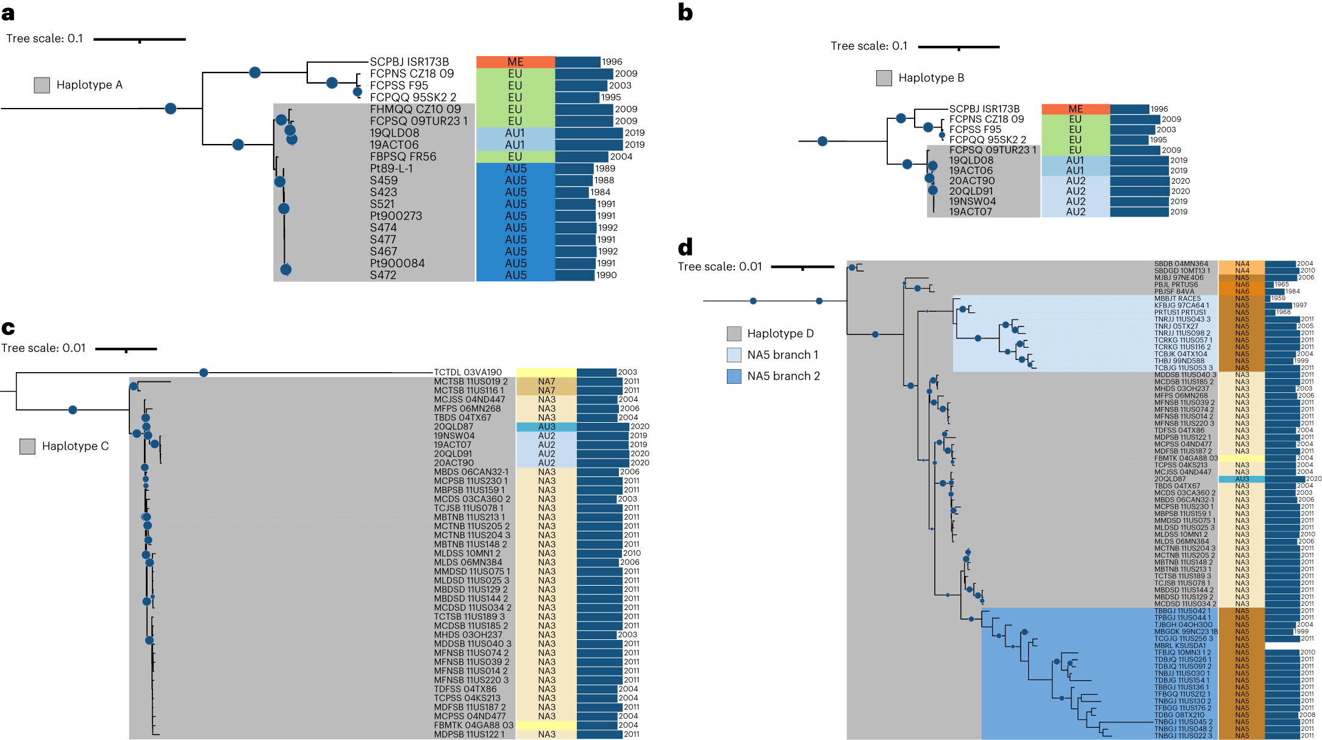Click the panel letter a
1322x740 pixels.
8,13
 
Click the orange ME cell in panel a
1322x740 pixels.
515,62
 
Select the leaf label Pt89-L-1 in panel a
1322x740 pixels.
391,168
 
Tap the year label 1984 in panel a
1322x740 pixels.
600,192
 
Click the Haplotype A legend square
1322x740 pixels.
41,85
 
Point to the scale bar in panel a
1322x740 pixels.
140,40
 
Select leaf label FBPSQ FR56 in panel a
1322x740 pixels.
402,157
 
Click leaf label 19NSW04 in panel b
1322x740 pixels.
972,201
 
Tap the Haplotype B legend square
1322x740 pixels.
884,77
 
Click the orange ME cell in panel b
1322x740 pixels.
1075,109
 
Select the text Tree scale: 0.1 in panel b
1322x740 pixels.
868,46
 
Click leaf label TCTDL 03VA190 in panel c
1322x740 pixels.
467,372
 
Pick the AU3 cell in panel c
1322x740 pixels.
546,426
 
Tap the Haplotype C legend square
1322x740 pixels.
27,446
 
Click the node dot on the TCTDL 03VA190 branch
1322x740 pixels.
204,373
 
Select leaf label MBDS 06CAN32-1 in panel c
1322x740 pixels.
471,472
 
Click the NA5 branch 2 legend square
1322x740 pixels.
734,376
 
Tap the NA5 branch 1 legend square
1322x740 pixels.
734,354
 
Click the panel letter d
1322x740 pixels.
685,247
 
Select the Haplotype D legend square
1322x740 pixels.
734,333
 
